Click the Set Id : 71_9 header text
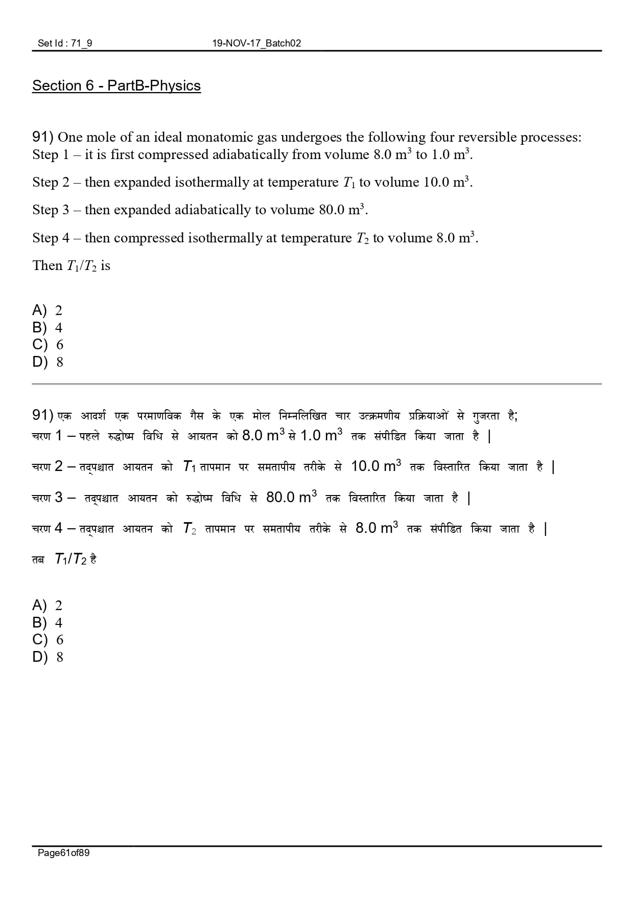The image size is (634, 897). tap(65, 43)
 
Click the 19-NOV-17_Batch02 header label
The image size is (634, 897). tap(256, 43)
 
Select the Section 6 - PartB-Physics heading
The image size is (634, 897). tap(116, 85)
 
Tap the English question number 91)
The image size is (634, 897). tap(43, 137)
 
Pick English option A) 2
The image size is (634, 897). tap(48, 310)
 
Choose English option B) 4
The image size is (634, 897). tap(48, 327)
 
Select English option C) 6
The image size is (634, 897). tap(48, 345)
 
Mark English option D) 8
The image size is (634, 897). tap(48, 362)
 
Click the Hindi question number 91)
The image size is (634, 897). tap(43, 415)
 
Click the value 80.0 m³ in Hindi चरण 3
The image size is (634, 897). tap(291, 497)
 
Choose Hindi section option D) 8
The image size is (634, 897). tap(48, 657)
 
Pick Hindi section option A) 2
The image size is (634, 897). tap(48, 606)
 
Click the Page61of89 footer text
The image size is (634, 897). tap(64, 853)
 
